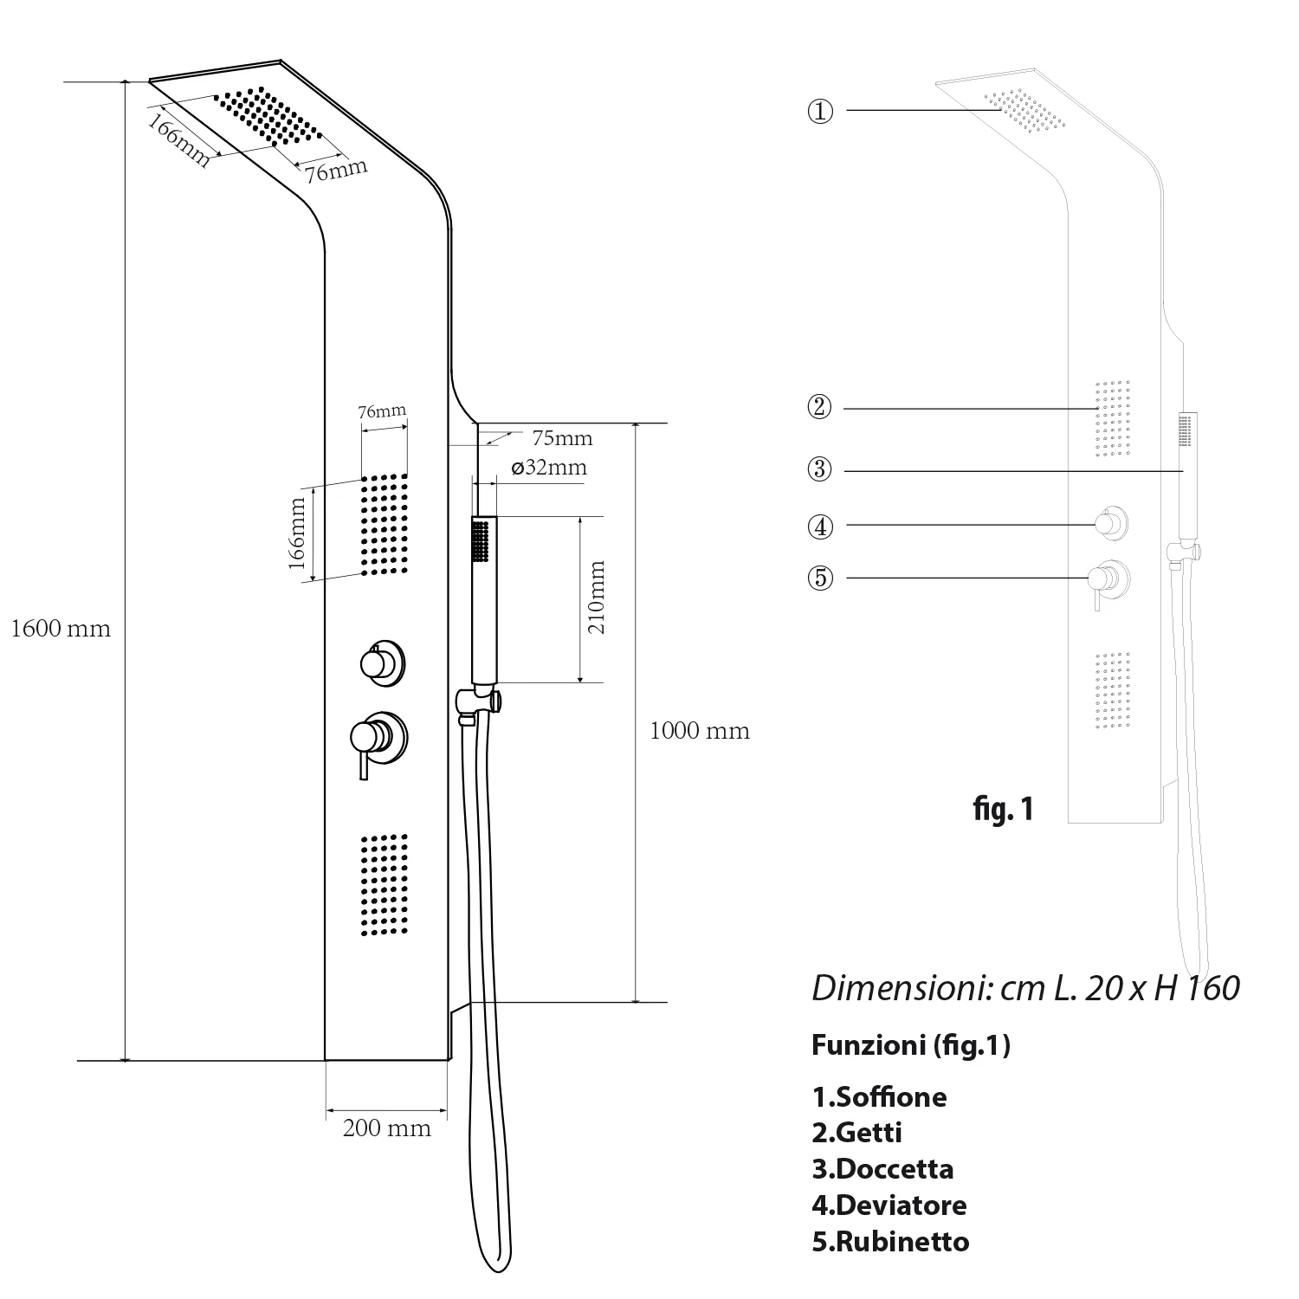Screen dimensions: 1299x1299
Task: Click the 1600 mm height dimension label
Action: tap(61, 629)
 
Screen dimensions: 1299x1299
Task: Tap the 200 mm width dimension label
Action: tap(387, 1128)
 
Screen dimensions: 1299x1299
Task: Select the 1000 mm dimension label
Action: tap(700, 731)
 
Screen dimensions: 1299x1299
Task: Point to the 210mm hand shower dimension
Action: tap(597, 598)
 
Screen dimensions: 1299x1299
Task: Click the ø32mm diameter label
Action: tap(549, 468)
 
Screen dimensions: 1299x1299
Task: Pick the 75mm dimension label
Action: tap(562, 438)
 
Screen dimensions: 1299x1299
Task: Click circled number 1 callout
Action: tap(820, 111)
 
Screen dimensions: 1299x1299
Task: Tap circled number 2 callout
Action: tap(819, 407)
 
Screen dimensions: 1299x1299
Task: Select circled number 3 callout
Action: tap(819, 470)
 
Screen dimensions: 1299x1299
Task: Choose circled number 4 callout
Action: tap(820, 526)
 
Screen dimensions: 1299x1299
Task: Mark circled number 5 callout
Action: tap(820, 578)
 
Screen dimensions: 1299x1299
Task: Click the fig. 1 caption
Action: tap(1002, 809)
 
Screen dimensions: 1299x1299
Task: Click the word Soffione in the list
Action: tap(892, 1097)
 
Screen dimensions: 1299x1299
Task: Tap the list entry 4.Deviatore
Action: tap(889, 1205)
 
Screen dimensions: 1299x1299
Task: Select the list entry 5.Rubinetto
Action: tap(890, 1241)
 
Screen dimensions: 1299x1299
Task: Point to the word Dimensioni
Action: tap(901, 988)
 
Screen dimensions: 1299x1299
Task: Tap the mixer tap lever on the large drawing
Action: tap(365, 761)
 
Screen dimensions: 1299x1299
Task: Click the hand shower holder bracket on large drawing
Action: tap(478, 700)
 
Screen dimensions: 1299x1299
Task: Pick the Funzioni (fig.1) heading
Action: tap(911, 1046)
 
